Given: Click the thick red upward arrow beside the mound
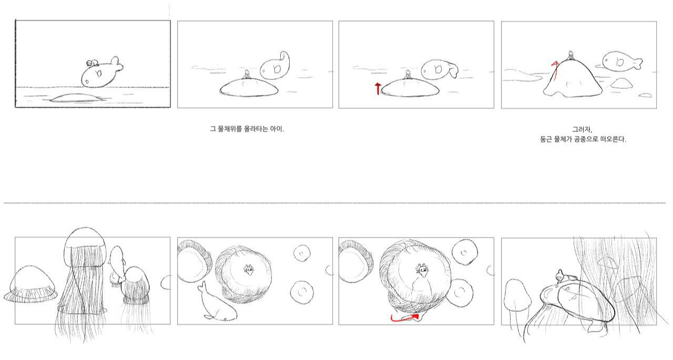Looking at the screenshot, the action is point(378,89).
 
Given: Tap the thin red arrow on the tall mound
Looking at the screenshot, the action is point(555,71).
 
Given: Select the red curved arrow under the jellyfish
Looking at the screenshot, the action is point(404,318).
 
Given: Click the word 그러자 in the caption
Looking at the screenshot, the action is point(582,130).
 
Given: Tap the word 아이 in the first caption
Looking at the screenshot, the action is point(277,129).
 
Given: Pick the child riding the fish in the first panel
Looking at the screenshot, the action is point(92,64).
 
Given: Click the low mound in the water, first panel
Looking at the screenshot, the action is point(77,98).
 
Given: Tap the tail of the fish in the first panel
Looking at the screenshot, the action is point(117,64).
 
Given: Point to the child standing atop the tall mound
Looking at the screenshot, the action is point(570,56).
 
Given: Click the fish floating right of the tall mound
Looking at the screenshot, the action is point(623,62).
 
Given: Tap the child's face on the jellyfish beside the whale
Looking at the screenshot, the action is point(249,270).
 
